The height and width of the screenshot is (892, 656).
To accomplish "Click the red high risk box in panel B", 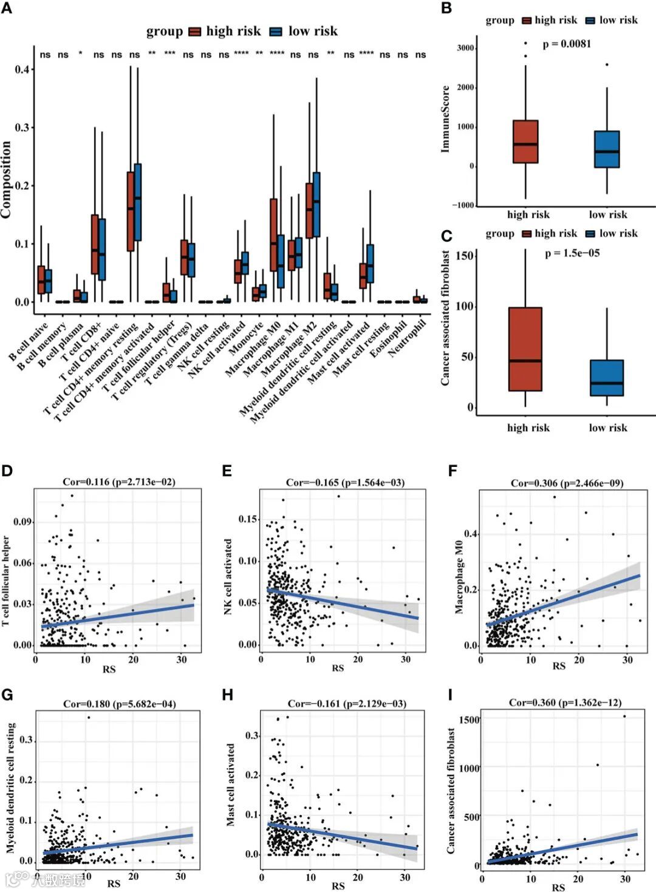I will (525, 141).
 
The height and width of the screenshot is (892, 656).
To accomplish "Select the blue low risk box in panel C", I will (607, 378).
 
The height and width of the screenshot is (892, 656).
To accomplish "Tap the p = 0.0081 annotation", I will (567, 44).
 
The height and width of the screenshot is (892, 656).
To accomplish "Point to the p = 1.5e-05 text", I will (572, 253).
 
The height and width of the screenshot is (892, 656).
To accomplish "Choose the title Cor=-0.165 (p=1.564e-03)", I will (345, 483).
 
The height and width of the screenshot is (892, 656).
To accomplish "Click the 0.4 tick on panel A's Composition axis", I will (22, 69).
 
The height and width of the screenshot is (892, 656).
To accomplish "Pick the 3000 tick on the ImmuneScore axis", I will (465, 48).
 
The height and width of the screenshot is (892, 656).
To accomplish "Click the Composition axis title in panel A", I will (7, 180).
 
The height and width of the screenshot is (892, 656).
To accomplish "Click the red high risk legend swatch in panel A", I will (194, 32).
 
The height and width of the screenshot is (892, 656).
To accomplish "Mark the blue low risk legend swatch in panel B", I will (590, 21).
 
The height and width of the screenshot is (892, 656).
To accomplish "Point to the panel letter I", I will (450, 695).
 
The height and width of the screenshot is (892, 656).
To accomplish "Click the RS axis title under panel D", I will (109, 669).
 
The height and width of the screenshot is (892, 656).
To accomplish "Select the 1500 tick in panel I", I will (470, 720).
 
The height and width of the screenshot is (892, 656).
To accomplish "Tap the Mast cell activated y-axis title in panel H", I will (231, 785).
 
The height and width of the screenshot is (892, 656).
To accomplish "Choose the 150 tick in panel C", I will (465, 256).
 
